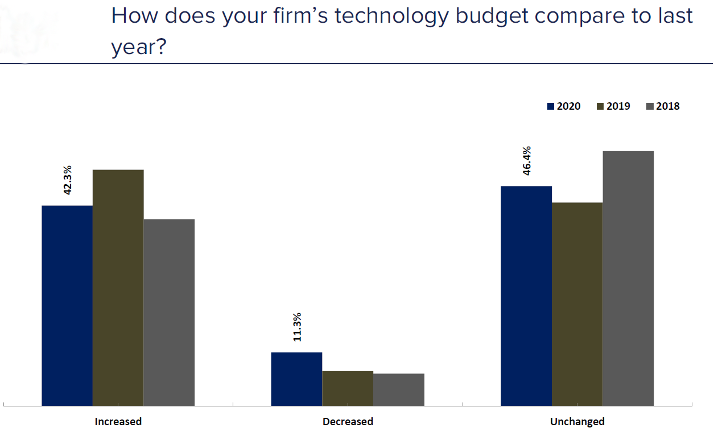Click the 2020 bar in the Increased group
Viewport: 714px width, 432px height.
pyautogui.click(x=67, y=305)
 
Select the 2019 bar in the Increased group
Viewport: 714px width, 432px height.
pyautogui.click(x=118, y=287)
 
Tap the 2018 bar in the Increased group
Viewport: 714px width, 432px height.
pyautogui.click(x=169, y=312)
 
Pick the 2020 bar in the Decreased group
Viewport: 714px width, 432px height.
pyautogui.click(x=296, y=379)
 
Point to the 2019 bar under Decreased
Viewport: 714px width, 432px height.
pyautogui.click(x=348, y=388)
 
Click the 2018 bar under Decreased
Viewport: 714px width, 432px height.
pyautogui.click(x=399, y=389)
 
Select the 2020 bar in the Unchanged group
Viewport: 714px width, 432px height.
pyautogui.click(x=526, y=296)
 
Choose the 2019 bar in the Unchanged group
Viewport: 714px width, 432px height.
pyautogui.click(x=577, y=304)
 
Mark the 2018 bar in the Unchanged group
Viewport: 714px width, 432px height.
pyautogui.click(x=628, y=278)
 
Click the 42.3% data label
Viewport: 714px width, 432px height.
pyautogui.click(x=68, y=180)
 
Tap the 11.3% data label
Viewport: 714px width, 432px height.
pyautogui.click(x=297, y=327)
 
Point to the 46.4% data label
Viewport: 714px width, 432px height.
pyautogui.click(x=526, y=161)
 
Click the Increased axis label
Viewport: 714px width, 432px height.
pyautogui.click(x=118, y=422)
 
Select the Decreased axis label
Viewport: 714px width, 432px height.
pyautogui.click(x=348, y=422)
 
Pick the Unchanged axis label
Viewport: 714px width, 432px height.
pyautogui.click(x=577, y=422)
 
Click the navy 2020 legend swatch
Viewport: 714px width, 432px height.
pyautogui.click(x=550, y=106)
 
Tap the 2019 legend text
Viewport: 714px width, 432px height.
pyautogui.click(x=618, y=106)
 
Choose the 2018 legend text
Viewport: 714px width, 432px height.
pyautogui.click(x=667, y=106)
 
